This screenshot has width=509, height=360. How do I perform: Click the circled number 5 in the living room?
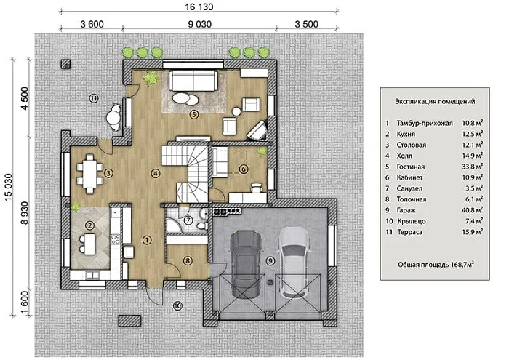pos(194,114)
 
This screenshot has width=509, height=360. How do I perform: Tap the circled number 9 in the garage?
pos(270,260)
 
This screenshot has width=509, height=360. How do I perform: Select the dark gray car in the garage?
pos(246,264)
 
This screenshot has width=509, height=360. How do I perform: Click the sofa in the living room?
pos(193,81)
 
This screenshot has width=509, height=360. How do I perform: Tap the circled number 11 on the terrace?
pos(94,98)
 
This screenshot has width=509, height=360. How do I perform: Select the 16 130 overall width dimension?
pos(199,7)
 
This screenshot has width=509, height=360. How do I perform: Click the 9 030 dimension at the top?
pos(199,24)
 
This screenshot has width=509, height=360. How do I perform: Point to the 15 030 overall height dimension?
pos(8,187)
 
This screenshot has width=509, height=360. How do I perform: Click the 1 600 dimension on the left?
pos(25,302)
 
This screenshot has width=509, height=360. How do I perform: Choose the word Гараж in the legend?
pos(406,210)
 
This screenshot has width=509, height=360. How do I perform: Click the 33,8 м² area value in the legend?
pos(473,167)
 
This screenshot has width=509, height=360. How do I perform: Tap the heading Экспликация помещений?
pos(435,101)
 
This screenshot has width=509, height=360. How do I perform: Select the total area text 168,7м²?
pos(462,265)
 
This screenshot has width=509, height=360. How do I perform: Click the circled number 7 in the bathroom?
pos(188,220)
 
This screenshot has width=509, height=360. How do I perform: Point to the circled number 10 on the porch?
pos(177,305)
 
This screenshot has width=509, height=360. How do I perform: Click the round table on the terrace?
pos(113,117)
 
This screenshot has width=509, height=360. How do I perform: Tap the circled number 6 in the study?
pos(244,169)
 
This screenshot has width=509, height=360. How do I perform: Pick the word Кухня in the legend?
pos(406,134)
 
